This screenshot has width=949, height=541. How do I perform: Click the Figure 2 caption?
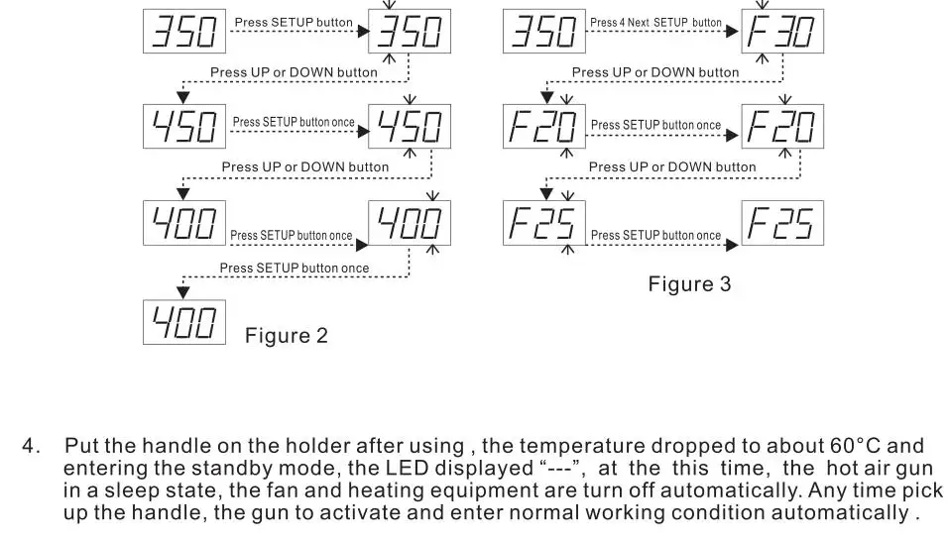point(286,336)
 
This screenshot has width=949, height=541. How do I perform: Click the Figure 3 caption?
point(689,284)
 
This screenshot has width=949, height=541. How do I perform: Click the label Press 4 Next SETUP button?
point(655,23)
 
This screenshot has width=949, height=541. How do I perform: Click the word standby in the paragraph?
point(197,468)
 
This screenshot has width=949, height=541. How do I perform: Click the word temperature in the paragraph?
point(577,446)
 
